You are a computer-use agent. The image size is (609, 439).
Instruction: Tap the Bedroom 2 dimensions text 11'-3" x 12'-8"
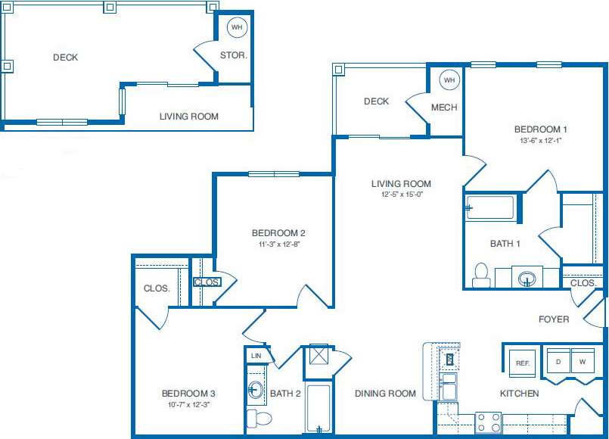[279, 244]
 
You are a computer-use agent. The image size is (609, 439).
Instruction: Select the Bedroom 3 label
[189, 394]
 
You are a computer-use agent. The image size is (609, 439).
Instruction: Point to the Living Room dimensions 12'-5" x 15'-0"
[401, 195]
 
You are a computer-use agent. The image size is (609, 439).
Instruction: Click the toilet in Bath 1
[481, 275]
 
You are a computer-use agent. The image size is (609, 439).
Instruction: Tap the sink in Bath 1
[527, 279]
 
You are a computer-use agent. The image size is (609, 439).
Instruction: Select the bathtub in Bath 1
[490, 207]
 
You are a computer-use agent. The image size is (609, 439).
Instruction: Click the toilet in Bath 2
[259, 418]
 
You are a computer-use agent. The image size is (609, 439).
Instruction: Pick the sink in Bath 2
[256, 391]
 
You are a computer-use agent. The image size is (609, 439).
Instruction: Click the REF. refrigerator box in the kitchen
[522, 363]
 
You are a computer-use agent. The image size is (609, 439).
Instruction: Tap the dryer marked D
[558, 361]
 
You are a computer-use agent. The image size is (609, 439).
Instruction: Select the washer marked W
[583, 361]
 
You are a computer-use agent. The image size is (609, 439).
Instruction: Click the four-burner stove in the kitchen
[488, 422]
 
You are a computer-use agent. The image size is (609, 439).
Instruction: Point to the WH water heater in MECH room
[449, 79]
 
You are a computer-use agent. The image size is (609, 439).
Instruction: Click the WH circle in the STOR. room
[237, 27]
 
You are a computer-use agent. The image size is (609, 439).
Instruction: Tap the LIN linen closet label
[256, 355]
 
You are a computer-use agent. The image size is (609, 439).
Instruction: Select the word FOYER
[554, 319]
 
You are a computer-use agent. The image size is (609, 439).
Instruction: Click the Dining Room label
[386, 394]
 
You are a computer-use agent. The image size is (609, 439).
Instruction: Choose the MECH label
[444, 107]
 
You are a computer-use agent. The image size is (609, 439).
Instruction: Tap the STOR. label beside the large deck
[234, 55]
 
